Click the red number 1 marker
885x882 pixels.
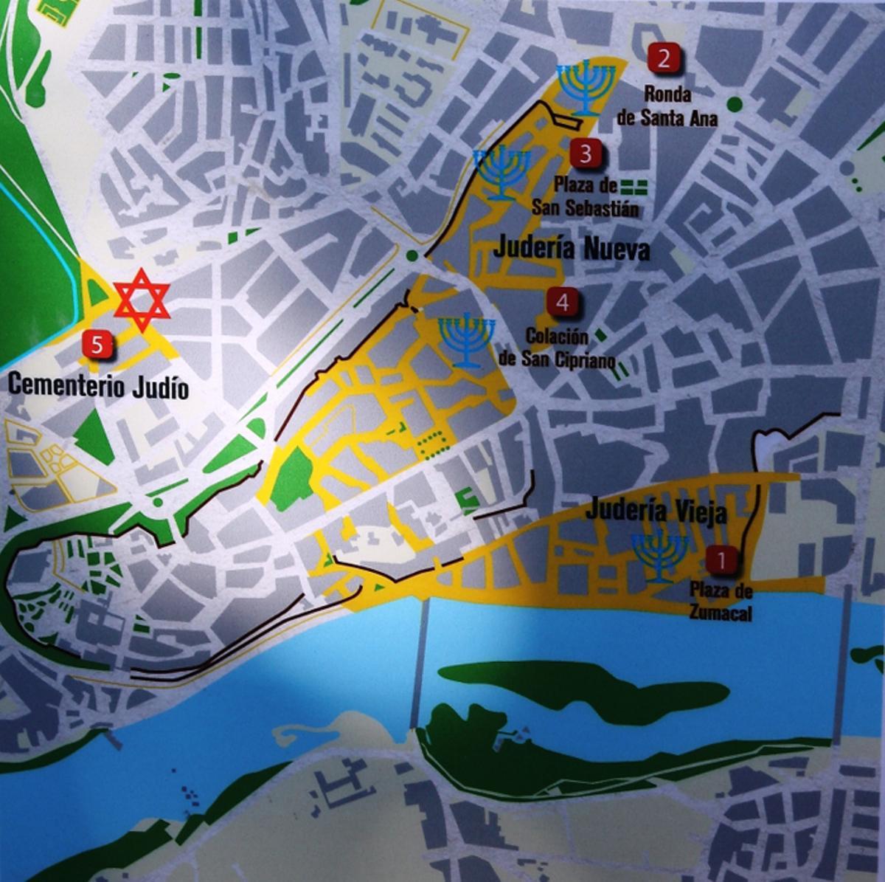point(721,560)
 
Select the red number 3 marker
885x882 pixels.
point(586,154)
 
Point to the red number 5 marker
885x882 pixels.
point(98,344)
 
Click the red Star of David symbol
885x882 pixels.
point(142,300)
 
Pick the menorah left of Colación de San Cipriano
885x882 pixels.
point(467,340)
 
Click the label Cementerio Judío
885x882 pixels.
point(98,386)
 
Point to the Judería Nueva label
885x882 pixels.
point(572,249)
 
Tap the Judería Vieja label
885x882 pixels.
point(657,512)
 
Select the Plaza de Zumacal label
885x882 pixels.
point(721,601)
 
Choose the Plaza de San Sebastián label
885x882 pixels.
point(585,197)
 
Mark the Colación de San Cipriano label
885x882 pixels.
point(557,348)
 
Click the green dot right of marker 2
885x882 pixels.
point(734,104)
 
